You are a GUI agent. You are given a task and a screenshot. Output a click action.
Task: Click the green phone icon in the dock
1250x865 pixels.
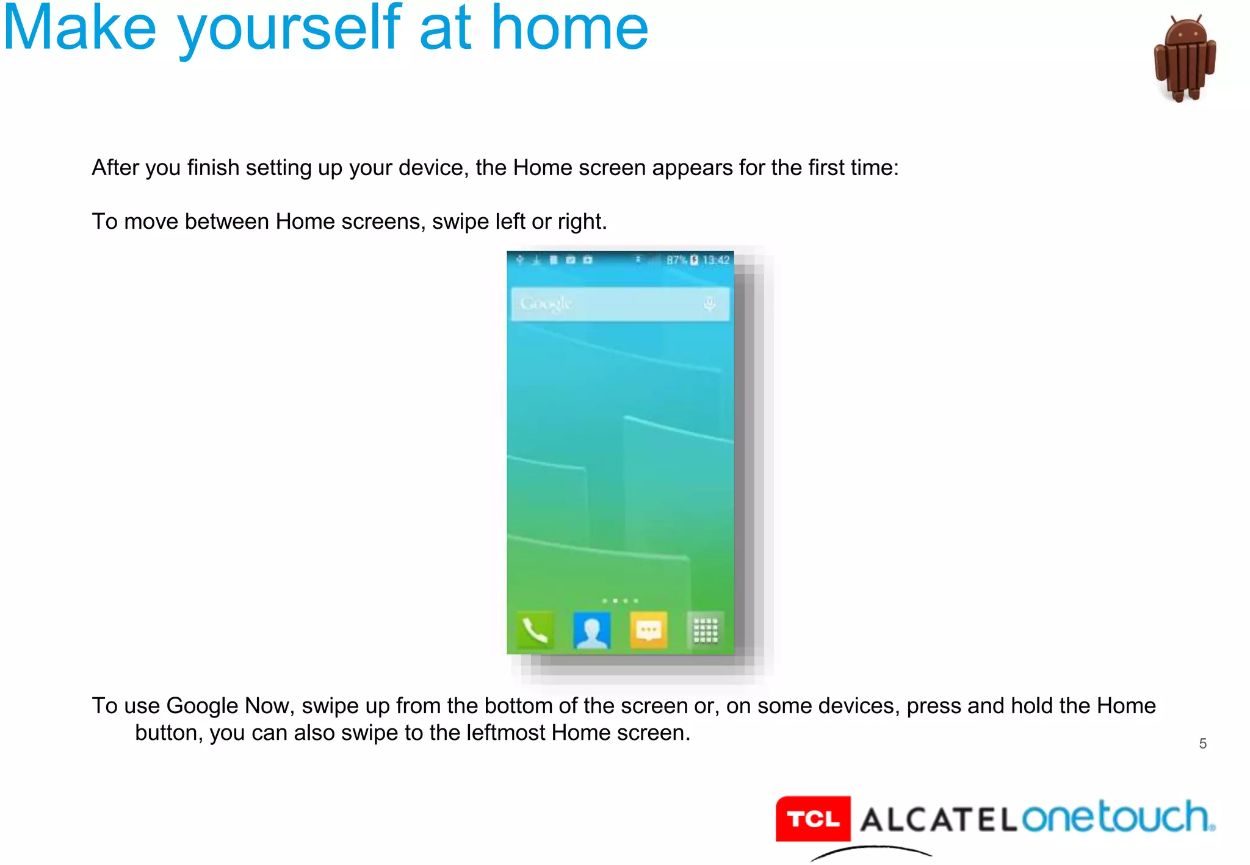tap(535, 630)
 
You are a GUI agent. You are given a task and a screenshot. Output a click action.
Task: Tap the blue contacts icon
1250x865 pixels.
tap(591, 630)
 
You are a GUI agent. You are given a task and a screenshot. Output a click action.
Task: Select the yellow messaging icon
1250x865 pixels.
tap(648, 630)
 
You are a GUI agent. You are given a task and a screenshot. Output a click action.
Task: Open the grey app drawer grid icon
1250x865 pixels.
tap(705, 630)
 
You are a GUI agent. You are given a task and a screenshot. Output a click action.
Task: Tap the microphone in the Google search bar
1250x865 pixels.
tap(709, 303)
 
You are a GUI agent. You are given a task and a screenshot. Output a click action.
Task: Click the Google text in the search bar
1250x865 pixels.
tap(546, 303)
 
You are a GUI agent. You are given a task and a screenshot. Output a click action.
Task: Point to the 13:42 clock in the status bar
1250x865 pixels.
tap(716, 260)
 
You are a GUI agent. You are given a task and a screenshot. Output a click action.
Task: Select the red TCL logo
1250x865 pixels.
tap(813, 819)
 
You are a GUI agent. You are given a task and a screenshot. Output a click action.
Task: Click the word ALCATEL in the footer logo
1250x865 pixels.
tap(938, 819)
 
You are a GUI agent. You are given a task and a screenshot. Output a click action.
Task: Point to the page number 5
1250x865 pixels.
tap(1202, 744)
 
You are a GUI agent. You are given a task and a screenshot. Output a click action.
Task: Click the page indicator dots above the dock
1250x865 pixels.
tap(620, 601)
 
